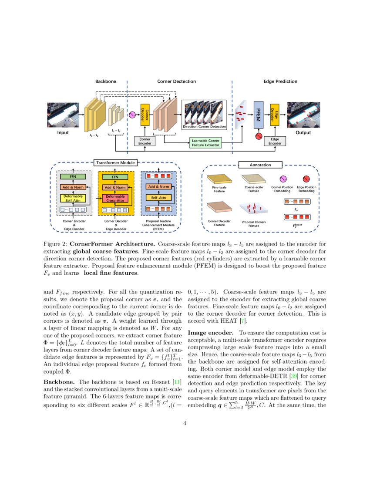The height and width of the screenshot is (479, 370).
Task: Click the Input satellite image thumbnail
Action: pyautogui.click(x=63, y=115)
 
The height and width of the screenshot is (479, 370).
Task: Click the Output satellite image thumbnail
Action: pyautogui.click(x=303, y=115)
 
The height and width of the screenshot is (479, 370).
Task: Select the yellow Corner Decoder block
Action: pyautogui.click(x=145, y=115)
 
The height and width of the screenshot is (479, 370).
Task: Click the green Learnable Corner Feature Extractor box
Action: pyautogui.click(x=205, y=142)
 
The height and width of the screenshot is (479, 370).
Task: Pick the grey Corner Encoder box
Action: pyautogui.click(x=145, y=141)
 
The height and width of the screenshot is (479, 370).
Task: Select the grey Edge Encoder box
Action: pyautogui.click(x=275, y=141)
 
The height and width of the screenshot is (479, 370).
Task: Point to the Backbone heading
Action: pyautogui.click(x=106, y=81)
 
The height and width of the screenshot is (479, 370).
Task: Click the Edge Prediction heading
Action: pyautogui.click(x=280, y=81)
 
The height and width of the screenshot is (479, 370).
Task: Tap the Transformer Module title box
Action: pyautogui.click(x=115, y=163)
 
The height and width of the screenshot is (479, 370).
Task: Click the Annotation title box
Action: pyautogui.click(x=260, y=165)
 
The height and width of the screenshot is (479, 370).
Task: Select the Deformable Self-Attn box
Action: pyautogui.click(x=73, y=199)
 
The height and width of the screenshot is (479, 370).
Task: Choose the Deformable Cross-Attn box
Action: pyautogui.click(x=115, y=199)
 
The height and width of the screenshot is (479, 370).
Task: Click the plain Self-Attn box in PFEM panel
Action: pyautogui.click(x=158, y=197)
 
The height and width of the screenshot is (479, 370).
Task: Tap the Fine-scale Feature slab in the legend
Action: pyautogui.click(x=219, y=179)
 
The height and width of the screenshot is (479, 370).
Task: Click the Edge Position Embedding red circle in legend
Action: pyautogui.click(x=306, y=179)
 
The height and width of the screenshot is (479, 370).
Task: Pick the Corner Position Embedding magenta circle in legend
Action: pyautogui.click(x=282, y=179)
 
